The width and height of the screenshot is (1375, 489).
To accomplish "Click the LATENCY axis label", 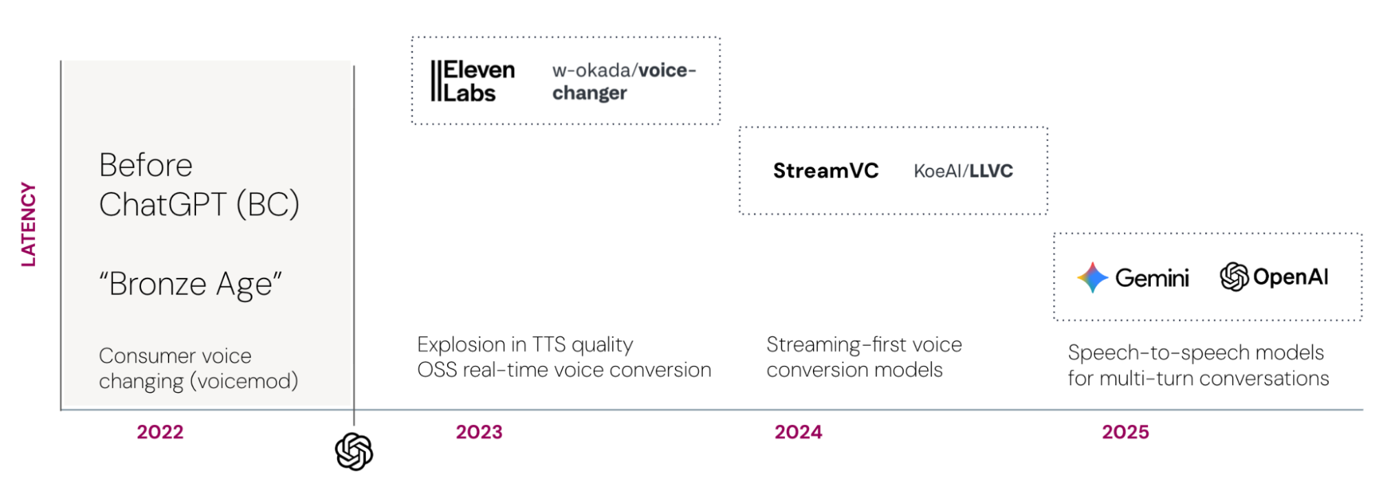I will (28, 224).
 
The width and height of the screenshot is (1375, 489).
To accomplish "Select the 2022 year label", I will (160, 432).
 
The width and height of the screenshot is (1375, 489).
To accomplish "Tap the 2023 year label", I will (479, 432).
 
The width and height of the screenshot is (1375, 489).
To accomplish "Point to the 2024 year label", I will (798, 432).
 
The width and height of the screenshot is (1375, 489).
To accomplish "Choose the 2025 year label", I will (1125, 432).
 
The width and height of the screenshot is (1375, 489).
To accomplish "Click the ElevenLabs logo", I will (473, 81).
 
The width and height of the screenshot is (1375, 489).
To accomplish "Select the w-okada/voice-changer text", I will (624, 81).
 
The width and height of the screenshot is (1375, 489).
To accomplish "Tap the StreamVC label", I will (825, 171).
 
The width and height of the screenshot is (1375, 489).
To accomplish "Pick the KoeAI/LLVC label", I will (963, 171).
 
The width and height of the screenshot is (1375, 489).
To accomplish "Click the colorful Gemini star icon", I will (1092, 277).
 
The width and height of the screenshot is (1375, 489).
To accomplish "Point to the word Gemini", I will (1151, 278).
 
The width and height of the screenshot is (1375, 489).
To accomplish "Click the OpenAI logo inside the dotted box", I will (1274, 276).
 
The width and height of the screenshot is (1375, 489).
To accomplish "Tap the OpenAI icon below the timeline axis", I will (354, 451).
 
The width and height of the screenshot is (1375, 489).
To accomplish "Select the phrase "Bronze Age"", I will (191, 284).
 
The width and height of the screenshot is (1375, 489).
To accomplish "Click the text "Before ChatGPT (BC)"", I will (199, 184).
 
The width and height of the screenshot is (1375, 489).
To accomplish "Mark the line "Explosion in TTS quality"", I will (525, 344).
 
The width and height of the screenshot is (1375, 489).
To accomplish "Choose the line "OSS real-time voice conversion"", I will (564, 370).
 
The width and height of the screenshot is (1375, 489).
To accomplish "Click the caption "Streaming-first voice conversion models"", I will (864, 357).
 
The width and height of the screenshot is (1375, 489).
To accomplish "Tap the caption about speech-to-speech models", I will (1198, 365).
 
